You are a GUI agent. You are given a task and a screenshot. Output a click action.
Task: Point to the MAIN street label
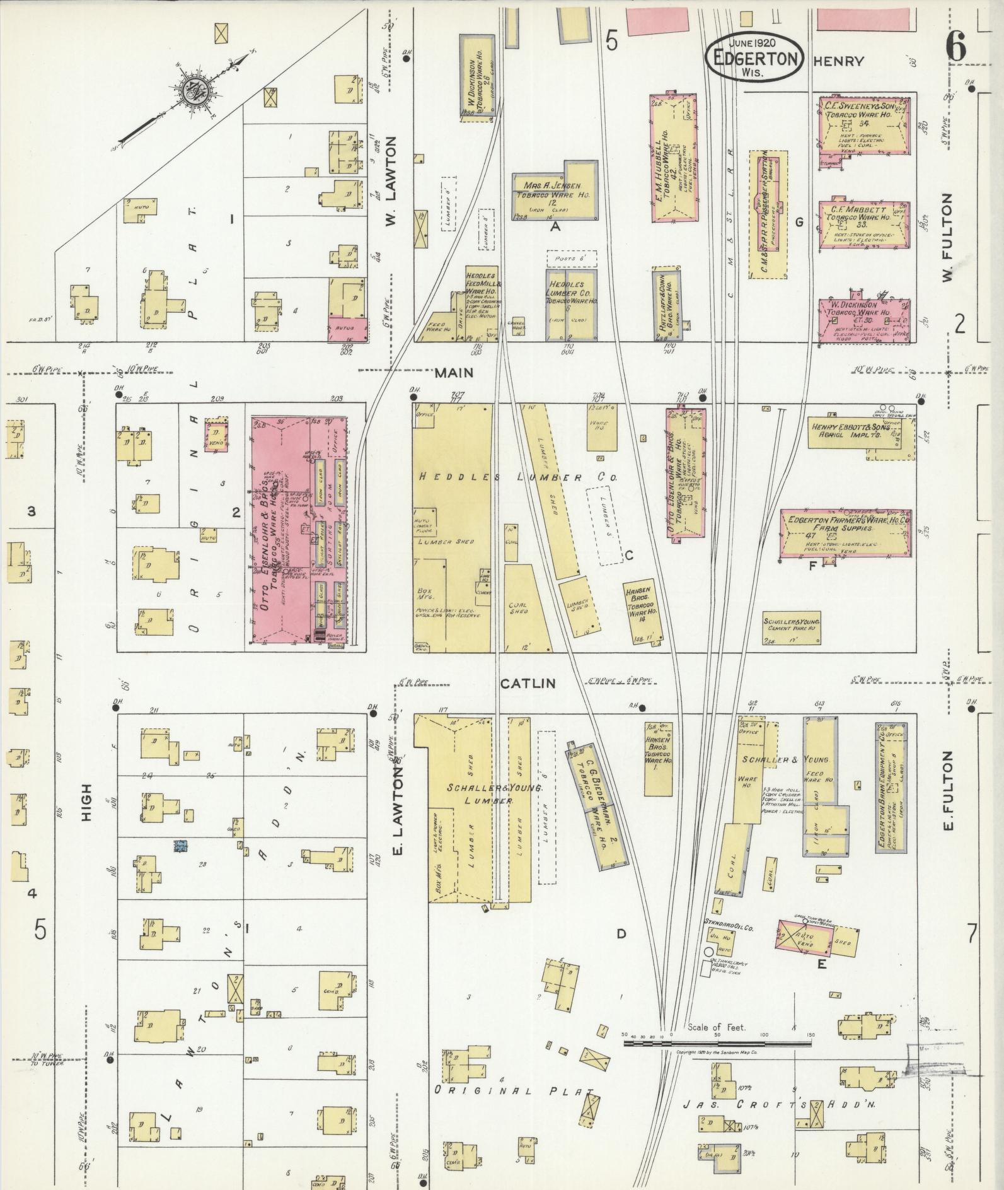click(x=454, y=374)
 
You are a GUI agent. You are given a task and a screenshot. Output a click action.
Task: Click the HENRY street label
click(x=838, y=61)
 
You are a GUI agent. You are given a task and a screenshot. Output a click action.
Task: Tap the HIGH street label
click(x=86, y=803)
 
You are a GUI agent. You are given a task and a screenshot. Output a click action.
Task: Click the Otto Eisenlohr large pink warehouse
click(x=299, y=530)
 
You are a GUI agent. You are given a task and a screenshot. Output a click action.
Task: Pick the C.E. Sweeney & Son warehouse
click(x=863, y=126)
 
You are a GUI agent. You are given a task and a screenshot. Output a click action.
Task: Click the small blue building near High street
click(x=182, y=846)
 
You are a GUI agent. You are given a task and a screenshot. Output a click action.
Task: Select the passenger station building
click(x=768, y=214)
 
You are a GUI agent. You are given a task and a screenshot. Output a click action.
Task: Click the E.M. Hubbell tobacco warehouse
click(x=673, y=158)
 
